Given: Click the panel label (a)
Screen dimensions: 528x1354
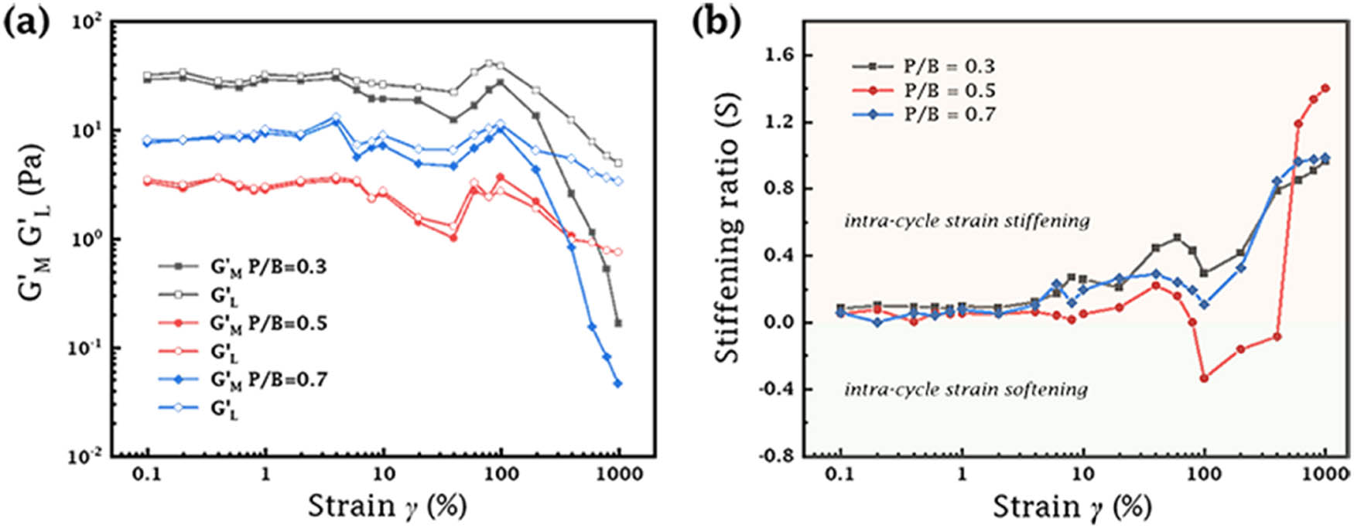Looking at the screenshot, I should (x=27, y=25).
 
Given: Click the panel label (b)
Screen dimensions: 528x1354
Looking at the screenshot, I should (x=716, y=25).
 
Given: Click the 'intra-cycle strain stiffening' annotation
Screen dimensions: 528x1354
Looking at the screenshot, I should (x=966, y=222).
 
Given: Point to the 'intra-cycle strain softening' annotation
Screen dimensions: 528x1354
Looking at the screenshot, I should (x=966, y=389).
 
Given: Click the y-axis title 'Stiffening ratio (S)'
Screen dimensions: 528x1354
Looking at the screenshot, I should (x=727, y=228).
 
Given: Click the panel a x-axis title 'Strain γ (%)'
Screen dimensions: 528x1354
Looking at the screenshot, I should (x=387, y=507).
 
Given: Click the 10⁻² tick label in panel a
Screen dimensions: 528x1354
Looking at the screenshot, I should (x=87, y=457).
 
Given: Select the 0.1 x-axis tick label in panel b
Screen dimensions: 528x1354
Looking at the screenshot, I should (x=840, y=474).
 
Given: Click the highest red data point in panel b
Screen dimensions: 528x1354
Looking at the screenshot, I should (x=1325, y=88).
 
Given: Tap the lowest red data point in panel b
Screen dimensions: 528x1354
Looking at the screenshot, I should (x=1204, y=378).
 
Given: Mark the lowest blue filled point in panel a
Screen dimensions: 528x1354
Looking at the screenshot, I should (x=617, y=383).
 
